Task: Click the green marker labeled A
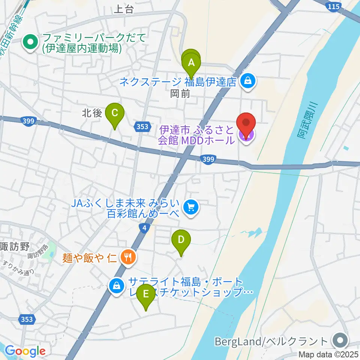coord(192,62)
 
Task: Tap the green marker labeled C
coord(115,112)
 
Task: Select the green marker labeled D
coord(181,239)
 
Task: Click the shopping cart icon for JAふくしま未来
coord(191,206)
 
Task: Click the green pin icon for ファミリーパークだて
coord(29,42)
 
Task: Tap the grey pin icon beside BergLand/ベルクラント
coord(340,341)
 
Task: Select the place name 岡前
coord(180,93)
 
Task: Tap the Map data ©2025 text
coord(328,354)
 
